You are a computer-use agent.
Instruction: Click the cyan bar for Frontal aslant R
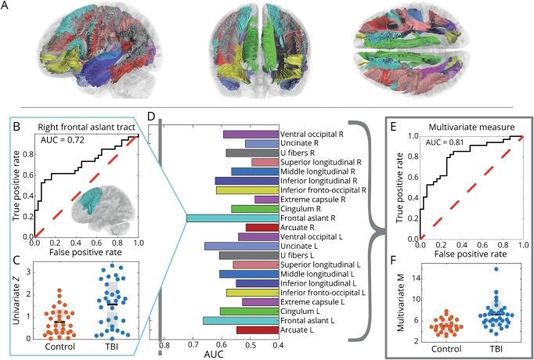click(x=233, y=218)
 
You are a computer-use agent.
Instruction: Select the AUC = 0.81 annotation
click(x=443, y=143)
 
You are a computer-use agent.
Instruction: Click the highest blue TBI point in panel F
click(x=473, y=269)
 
